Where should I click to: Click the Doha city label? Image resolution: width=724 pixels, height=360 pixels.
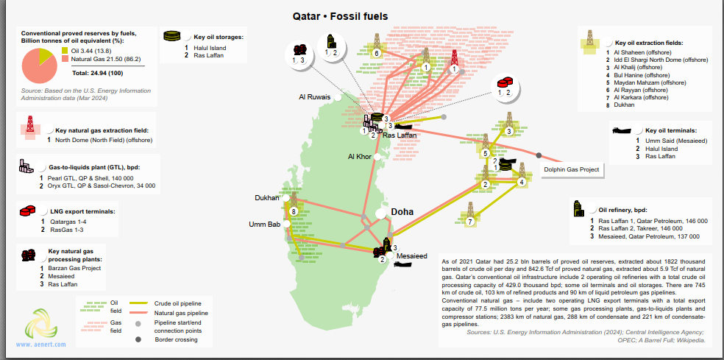(402, 212)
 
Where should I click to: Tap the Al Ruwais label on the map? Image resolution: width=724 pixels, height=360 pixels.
(314, 96)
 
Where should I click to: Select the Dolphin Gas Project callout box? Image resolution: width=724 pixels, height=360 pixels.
(571, 169)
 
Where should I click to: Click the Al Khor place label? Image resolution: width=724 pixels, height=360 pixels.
(360, 157)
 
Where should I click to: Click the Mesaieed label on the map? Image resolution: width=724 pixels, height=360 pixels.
(412, 256)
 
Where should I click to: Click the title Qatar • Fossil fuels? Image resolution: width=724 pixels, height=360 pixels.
(341, 16)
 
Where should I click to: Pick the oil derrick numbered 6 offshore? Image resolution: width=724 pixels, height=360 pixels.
(377, 45)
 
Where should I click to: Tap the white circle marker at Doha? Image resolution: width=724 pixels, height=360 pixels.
(381, 213)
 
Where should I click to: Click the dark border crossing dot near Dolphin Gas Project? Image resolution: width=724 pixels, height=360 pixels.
(539, 155)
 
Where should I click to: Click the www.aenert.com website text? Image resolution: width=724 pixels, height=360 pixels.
(40, 345)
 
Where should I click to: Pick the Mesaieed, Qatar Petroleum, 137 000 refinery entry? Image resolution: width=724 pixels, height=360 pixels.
(648, 236)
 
